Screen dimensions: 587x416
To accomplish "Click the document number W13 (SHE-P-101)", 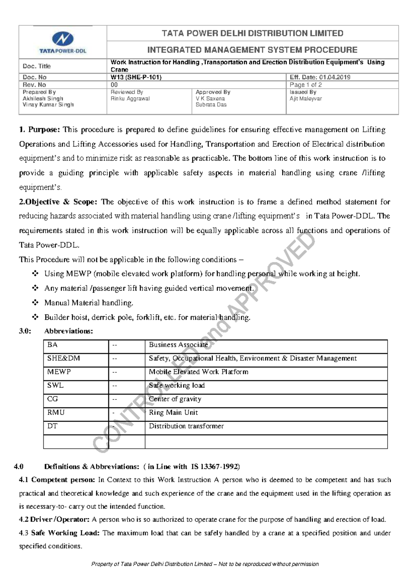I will [x=136, y=77].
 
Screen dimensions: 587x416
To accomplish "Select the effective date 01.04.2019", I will [x=335, y=77].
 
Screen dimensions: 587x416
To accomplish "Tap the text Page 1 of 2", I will [x=305, y=85].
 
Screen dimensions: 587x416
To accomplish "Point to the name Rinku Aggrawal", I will [x=130, y=99].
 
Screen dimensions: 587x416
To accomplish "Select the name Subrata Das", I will [x=211, y=105].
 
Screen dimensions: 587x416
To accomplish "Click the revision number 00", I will [x=114, y=85].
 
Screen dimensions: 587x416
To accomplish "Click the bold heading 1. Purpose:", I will [x=40, y=130].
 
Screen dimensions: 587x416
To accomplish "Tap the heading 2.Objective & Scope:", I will [x=59, y=202].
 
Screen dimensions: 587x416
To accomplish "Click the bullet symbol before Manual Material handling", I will [x=35, y=302].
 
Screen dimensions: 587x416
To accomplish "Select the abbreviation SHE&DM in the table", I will [x=63, y=358].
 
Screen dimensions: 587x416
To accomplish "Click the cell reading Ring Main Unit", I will [x=173, y=413].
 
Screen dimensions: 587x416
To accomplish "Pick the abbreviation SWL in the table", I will [x=55, y=386].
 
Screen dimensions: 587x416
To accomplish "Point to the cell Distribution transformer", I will [x=186, y=426].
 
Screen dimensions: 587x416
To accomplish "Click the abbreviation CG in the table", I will [x=52, y=399].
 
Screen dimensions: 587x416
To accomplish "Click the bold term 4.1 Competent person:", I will [x=57, y=480].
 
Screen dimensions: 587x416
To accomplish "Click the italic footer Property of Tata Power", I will [x=205, y=564].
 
